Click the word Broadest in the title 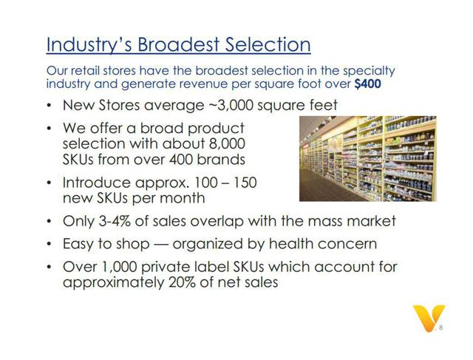click(x=178, y=44)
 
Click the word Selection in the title click(x=268, y=44)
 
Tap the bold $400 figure click(x=368, y=84)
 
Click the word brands click(x=221, y=159)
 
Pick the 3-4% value click(x=115, y=220)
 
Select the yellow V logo click(x=429, y=317)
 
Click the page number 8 click(x=440, y=327)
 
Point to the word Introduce click(x=97, y=183)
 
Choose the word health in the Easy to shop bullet click(x=289, y=243)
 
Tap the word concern click(x=347, y=244)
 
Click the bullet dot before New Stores click(x=49, y=106)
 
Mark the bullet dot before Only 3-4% click(x=49, y=221)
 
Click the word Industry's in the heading click(x=89, y=45)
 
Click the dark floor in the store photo click(x=326, y=187)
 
